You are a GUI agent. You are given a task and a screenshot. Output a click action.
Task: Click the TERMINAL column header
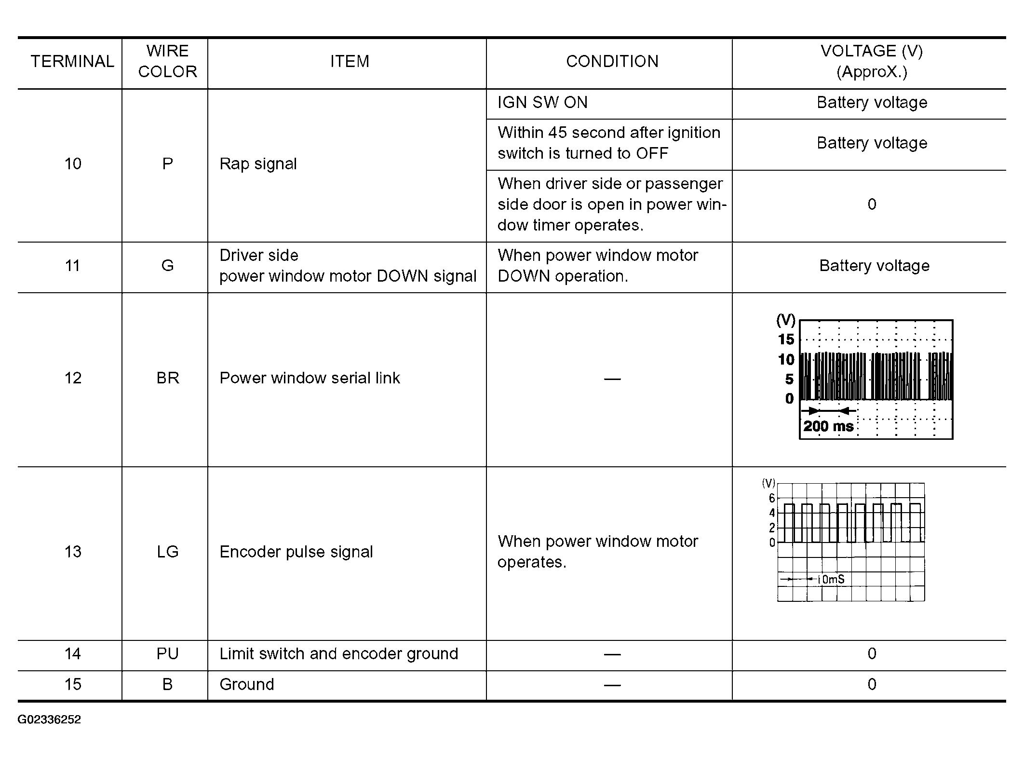pyautogui.click(x=72, y=62)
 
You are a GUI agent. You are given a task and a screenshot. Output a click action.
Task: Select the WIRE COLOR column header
pyautogui.click(x=167, y=62)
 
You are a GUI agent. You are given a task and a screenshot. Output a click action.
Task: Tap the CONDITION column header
pyautogui.click(x=612, y=62)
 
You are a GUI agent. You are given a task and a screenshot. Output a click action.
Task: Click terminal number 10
pyautogui.click(x=73, y=164)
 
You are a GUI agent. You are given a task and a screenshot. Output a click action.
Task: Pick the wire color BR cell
pyautogui.click(x=168, y=378)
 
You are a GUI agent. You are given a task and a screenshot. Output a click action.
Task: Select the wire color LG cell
pyautogui.click(x=168, y=552)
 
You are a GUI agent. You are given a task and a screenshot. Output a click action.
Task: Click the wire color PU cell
pyautogui.click(x=168, y=654)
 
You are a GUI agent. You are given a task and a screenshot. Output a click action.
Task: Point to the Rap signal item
pyautogui.click(x=258, y=164)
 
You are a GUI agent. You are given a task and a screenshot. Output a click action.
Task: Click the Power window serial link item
pyautogui.click(x=310, y=378)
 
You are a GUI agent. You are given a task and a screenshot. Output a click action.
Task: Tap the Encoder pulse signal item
pyautogui.click(x=296, y=552)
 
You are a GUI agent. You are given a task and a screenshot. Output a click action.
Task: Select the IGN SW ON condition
pyautogui.click(x=542, y=103)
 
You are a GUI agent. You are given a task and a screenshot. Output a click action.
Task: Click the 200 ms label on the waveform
pyautogui.click(x=828, y=426)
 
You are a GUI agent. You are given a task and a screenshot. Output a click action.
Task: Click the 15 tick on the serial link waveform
pyautogui.click(x=786, y=339)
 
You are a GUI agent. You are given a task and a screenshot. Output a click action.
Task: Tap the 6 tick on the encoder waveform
pyautogui.click(x=772, y=498)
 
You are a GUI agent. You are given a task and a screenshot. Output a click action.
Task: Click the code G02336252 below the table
pyautogui.click(x=49, y=719)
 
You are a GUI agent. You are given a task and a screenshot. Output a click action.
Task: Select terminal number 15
pyautogui.click(x=73, y=684)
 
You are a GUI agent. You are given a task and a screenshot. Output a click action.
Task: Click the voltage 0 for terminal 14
pyautogui.click(x=872, y=654)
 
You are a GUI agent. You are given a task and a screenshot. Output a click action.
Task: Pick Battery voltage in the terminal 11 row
pyautogui.click(x=874, y=266)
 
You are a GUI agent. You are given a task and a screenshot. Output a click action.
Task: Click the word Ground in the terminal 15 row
pyautogui.click(x=246, y=684)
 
